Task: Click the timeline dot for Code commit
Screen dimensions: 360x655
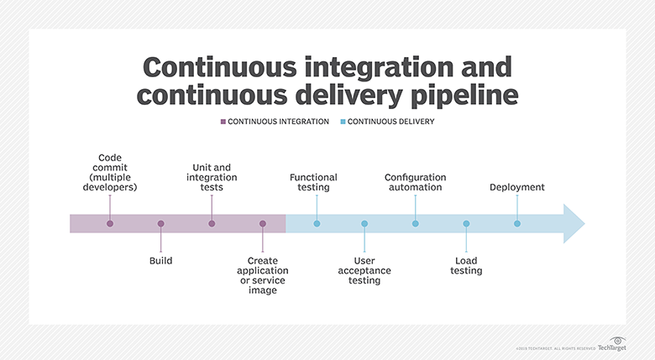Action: pos(110,224)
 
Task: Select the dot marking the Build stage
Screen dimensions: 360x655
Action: pos(161,224)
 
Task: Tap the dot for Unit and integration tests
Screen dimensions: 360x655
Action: pos(212,224)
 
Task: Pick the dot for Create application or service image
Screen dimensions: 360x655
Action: pos(263,224)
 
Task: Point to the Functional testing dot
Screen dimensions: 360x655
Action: pos(317,224)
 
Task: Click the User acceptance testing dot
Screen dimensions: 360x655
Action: pos(364,224)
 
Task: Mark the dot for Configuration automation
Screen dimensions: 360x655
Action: pos(416,224)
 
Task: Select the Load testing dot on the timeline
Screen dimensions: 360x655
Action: pos(466,224)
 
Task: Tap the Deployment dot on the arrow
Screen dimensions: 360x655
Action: pos(517,224)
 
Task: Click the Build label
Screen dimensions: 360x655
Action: pos(161,261)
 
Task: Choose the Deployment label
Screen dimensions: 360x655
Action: pos(517,187)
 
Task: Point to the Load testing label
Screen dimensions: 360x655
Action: pos(466,266)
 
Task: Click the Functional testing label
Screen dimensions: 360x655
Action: pos(313,182)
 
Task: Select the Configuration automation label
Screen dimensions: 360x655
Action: pos(415,182)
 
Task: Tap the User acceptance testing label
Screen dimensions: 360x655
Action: pos(364,270)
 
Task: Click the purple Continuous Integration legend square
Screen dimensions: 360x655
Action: pos(223,122)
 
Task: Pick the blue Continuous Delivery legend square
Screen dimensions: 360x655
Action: pos(343,122)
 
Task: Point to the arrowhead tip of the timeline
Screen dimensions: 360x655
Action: pos(583,224)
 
